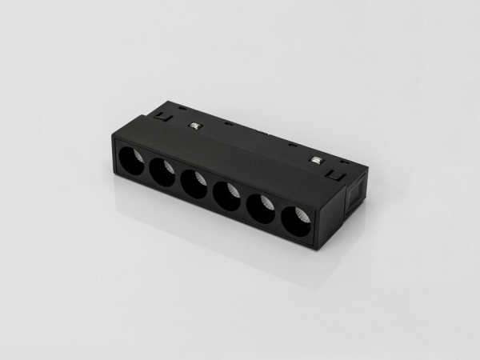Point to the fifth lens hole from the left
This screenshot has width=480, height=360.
coord(262,209)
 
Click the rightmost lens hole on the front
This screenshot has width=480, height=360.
coord(297,222)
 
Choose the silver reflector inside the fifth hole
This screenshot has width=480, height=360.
coord(267,203)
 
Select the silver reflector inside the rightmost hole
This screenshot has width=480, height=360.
coord(302,216)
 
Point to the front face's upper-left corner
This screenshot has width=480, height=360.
coord(114,138)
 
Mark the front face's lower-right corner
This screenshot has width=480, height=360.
coord(318,248)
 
